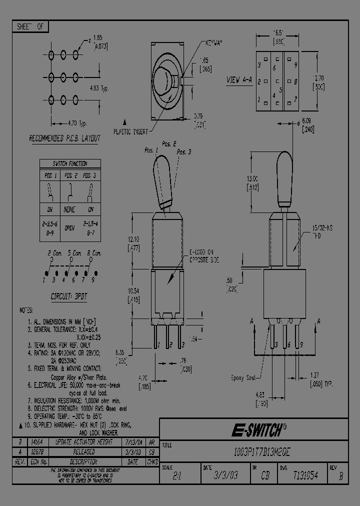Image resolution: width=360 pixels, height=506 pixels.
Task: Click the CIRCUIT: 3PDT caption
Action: tap(69, 296)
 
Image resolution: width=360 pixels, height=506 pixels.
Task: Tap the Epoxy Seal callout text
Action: tap(244, 378)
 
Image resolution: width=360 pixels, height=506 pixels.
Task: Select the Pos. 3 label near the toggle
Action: tap(183, 152)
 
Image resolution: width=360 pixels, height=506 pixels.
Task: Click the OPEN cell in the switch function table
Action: tap(69, 227)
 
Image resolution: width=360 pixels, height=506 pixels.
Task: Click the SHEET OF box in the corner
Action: tap(30, 27)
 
